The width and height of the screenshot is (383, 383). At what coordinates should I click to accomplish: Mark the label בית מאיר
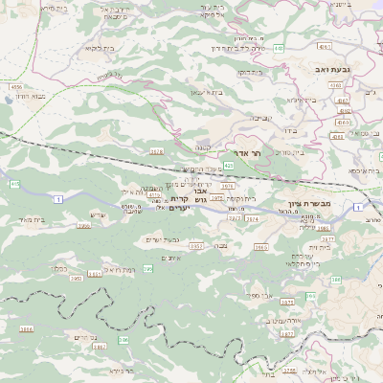(x=32, y=219)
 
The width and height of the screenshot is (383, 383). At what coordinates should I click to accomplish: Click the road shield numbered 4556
(x=16, y=87)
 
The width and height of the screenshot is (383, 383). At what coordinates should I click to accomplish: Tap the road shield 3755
(x=94, y=275)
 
